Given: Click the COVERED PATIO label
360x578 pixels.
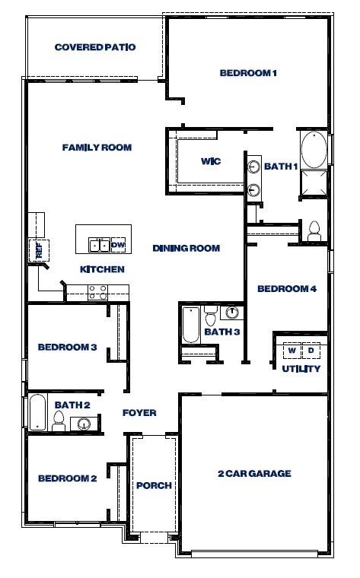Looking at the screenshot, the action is coord(95,47).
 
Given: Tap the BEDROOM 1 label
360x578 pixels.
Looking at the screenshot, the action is coord(248,73).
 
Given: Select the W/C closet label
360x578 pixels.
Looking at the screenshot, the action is coord(211,161).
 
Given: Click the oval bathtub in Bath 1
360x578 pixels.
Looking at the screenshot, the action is coord(314,150).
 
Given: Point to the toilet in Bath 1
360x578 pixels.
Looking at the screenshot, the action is coord(314,231).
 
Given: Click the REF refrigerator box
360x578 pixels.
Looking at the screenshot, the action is coord(39,251).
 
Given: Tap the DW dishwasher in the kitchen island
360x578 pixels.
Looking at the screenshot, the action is coord(119,245).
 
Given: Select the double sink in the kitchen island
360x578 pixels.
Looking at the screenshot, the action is coord(99,245).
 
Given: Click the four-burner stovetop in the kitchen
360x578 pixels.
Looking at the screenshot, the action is coord(97,292).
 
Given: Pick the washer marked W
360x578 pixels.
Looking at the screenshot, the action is coord(292,350).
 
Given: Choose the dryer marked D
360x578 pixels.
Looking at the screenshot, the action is coord(311,350).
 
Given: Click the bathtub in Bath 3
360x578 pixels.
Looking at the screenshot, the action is coord(191,326).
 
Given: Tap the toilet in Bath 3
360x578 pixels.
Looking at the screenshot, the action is coord(211,316).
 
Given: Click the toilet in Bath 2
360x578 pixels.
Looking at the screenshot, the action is coord(59,421).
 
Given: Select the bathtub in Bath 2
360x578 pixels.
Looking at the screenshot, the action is coord(37,412).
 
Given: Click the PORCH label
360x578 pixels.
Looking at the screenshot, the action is coord(155,485).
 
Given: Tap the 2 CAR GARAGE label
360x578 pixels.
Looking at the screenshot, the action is coord(254,473).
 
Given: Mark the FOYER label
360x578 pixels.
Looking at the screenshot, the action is coord(139,413).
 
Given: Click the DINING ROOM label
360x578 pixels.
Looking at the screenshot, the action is coord(186,249).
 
